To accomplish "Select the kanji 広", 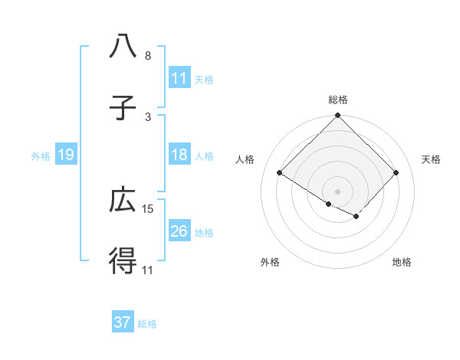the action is tap(123, 200).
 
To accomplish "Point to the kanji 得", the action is tap(123, 261).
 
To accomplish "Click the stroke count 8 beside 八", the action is tap(148, 56).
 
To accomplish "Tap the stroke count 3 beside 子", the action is tap(148, 116).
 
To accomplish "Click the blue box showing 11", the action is tap(179, 78).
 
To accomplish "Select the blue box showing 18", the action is tap(179, 155).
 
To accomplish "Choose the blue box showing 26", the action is tap(179, 231).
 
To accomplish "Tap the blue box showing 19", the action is tap(65, 155).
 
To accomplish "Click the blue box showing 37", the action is tap(123, 322).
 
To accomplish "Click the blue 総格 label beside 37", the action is tap(147, 323).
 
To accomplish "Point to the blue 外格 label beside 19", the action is tap(41, 156).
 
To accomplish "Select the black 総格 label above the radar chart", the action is tap(337, 100).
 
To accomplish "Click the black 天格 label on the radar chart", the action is tap(432, 159).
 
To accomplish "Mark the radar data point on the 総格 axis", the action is tap(337, 116).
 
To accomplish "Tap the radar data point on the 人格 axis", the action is tap(280, 172).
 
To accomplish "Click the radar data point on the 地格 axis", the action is tap(356, 217).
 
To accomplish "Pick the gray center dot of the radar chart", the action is tap(337, 191).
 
